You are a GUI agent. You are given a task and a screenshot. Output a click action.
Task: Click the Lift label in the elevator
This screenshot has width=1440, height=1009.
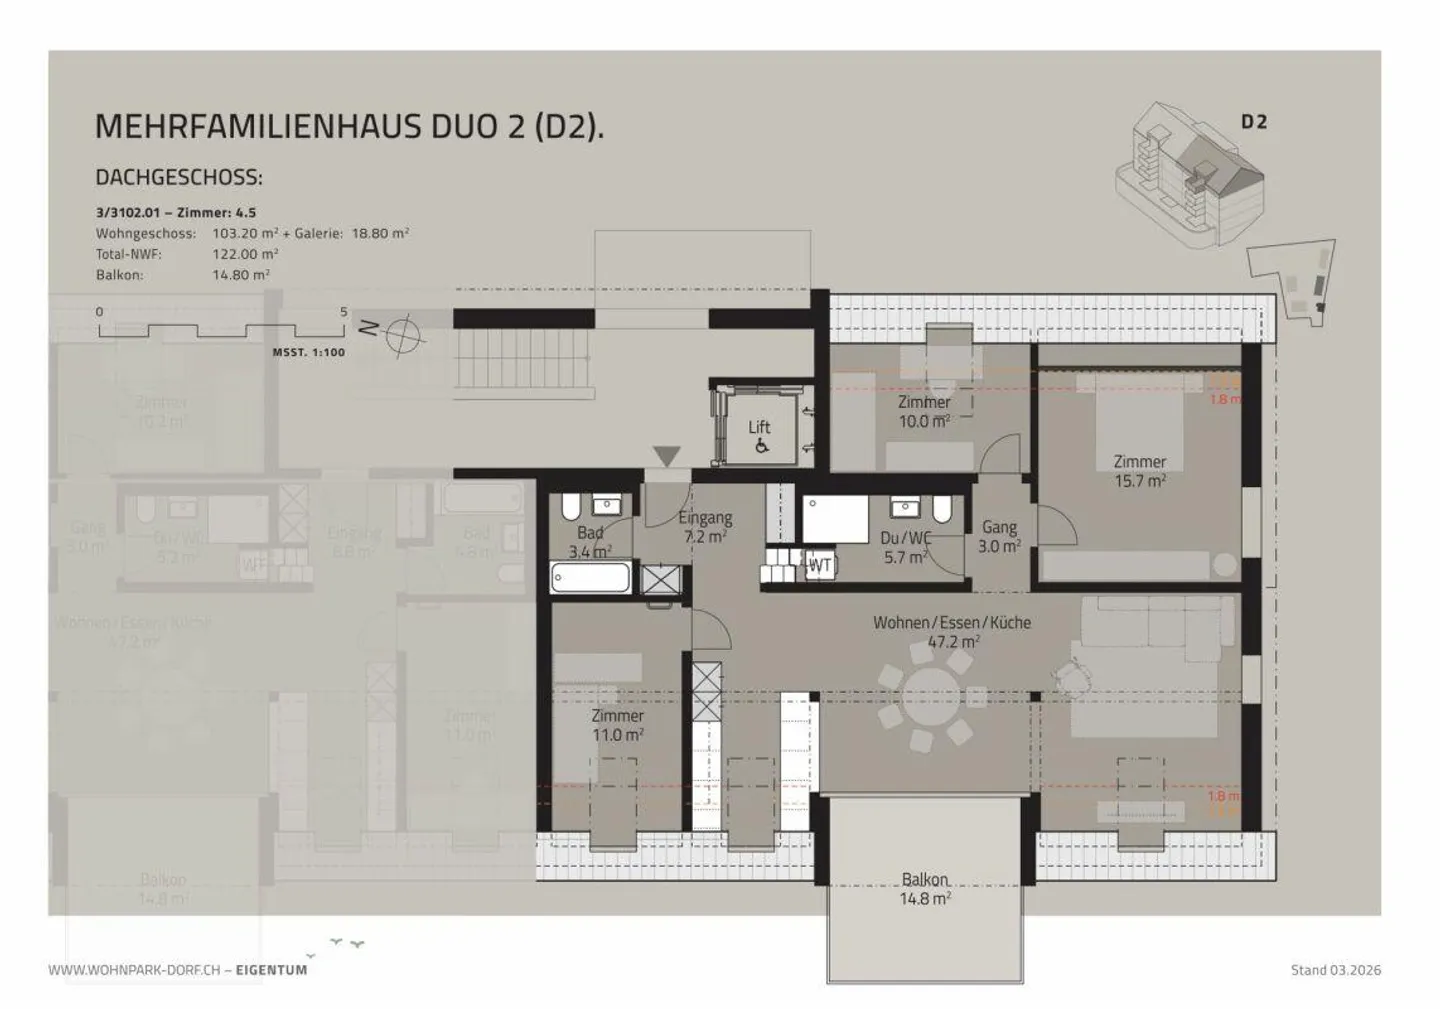759,427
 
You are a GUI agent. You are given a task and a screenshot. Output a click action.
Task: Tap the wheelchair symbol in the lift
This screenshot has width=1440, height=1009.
761,447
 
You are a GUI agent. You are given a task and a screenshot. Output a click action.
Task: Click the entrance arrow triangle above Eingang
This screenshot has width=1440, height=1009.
667,457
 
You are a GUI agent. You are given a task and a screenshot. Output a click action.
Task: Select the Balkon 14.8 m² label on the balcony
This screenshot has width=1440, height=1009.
925,889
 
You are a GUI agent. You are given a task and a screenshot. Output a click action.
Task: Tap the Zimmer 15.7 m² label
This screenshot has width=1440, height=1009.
1140,471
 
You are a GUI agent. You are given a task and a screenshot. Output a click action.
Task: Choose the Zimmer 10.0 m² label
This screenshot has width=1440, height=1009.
924,411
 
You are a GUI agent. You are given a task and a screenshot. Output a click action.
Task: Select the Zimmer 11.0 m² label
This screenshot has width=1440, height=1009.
617,725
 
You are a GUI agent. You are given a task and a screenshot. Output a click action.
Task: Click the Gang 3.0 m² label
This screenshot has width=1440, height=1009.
999,536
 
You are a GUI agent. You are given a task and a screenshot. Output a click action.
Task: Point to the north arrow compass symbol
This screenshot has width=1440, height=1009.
404,333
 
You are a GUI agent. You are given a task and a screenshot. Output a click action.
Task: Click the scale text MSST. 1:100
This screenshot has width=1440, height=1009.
309,353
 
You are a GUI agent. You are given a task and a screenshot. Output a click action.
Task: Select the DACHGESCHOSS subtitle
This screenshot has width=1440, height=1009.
179,178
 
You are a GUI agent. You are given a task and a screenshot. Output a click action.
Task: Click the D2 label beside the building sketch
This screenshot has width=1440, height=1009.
1254,122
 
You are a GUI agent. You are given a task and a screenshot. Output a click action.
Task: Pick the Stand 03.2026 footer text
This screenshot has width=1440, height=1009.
1336,969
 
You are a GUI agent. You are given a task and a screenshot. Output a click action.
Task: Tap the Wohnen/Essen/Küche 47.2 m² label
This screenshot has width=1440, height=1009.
952,631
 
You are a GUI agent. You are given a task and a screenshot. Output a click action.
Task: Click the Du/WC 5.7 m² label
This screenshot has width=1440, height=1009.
904,547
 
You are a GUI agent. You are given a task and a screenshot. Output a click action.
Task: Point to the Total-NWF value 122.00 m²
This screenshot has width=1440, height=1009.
245,254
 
